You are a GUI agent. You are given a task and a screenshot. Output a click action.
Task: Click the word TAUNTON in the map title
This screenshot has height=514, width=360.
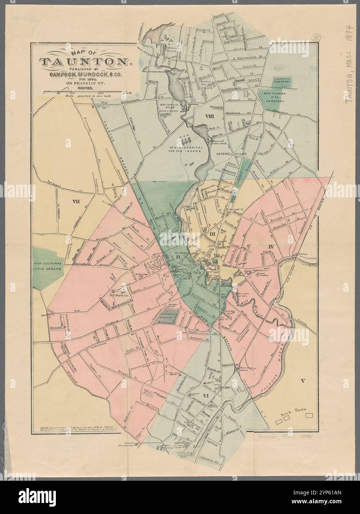pyautogui.click(x=85, y=62)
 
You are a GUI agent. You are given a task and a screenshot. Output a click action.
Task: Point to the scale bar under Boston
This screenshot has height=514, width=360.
pyautogui.click(x=85, y=91)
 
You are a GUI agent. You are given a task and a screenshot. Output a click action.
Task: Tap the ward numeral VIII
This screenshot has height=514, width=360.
pyautogui.click(x=210, y=117)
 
